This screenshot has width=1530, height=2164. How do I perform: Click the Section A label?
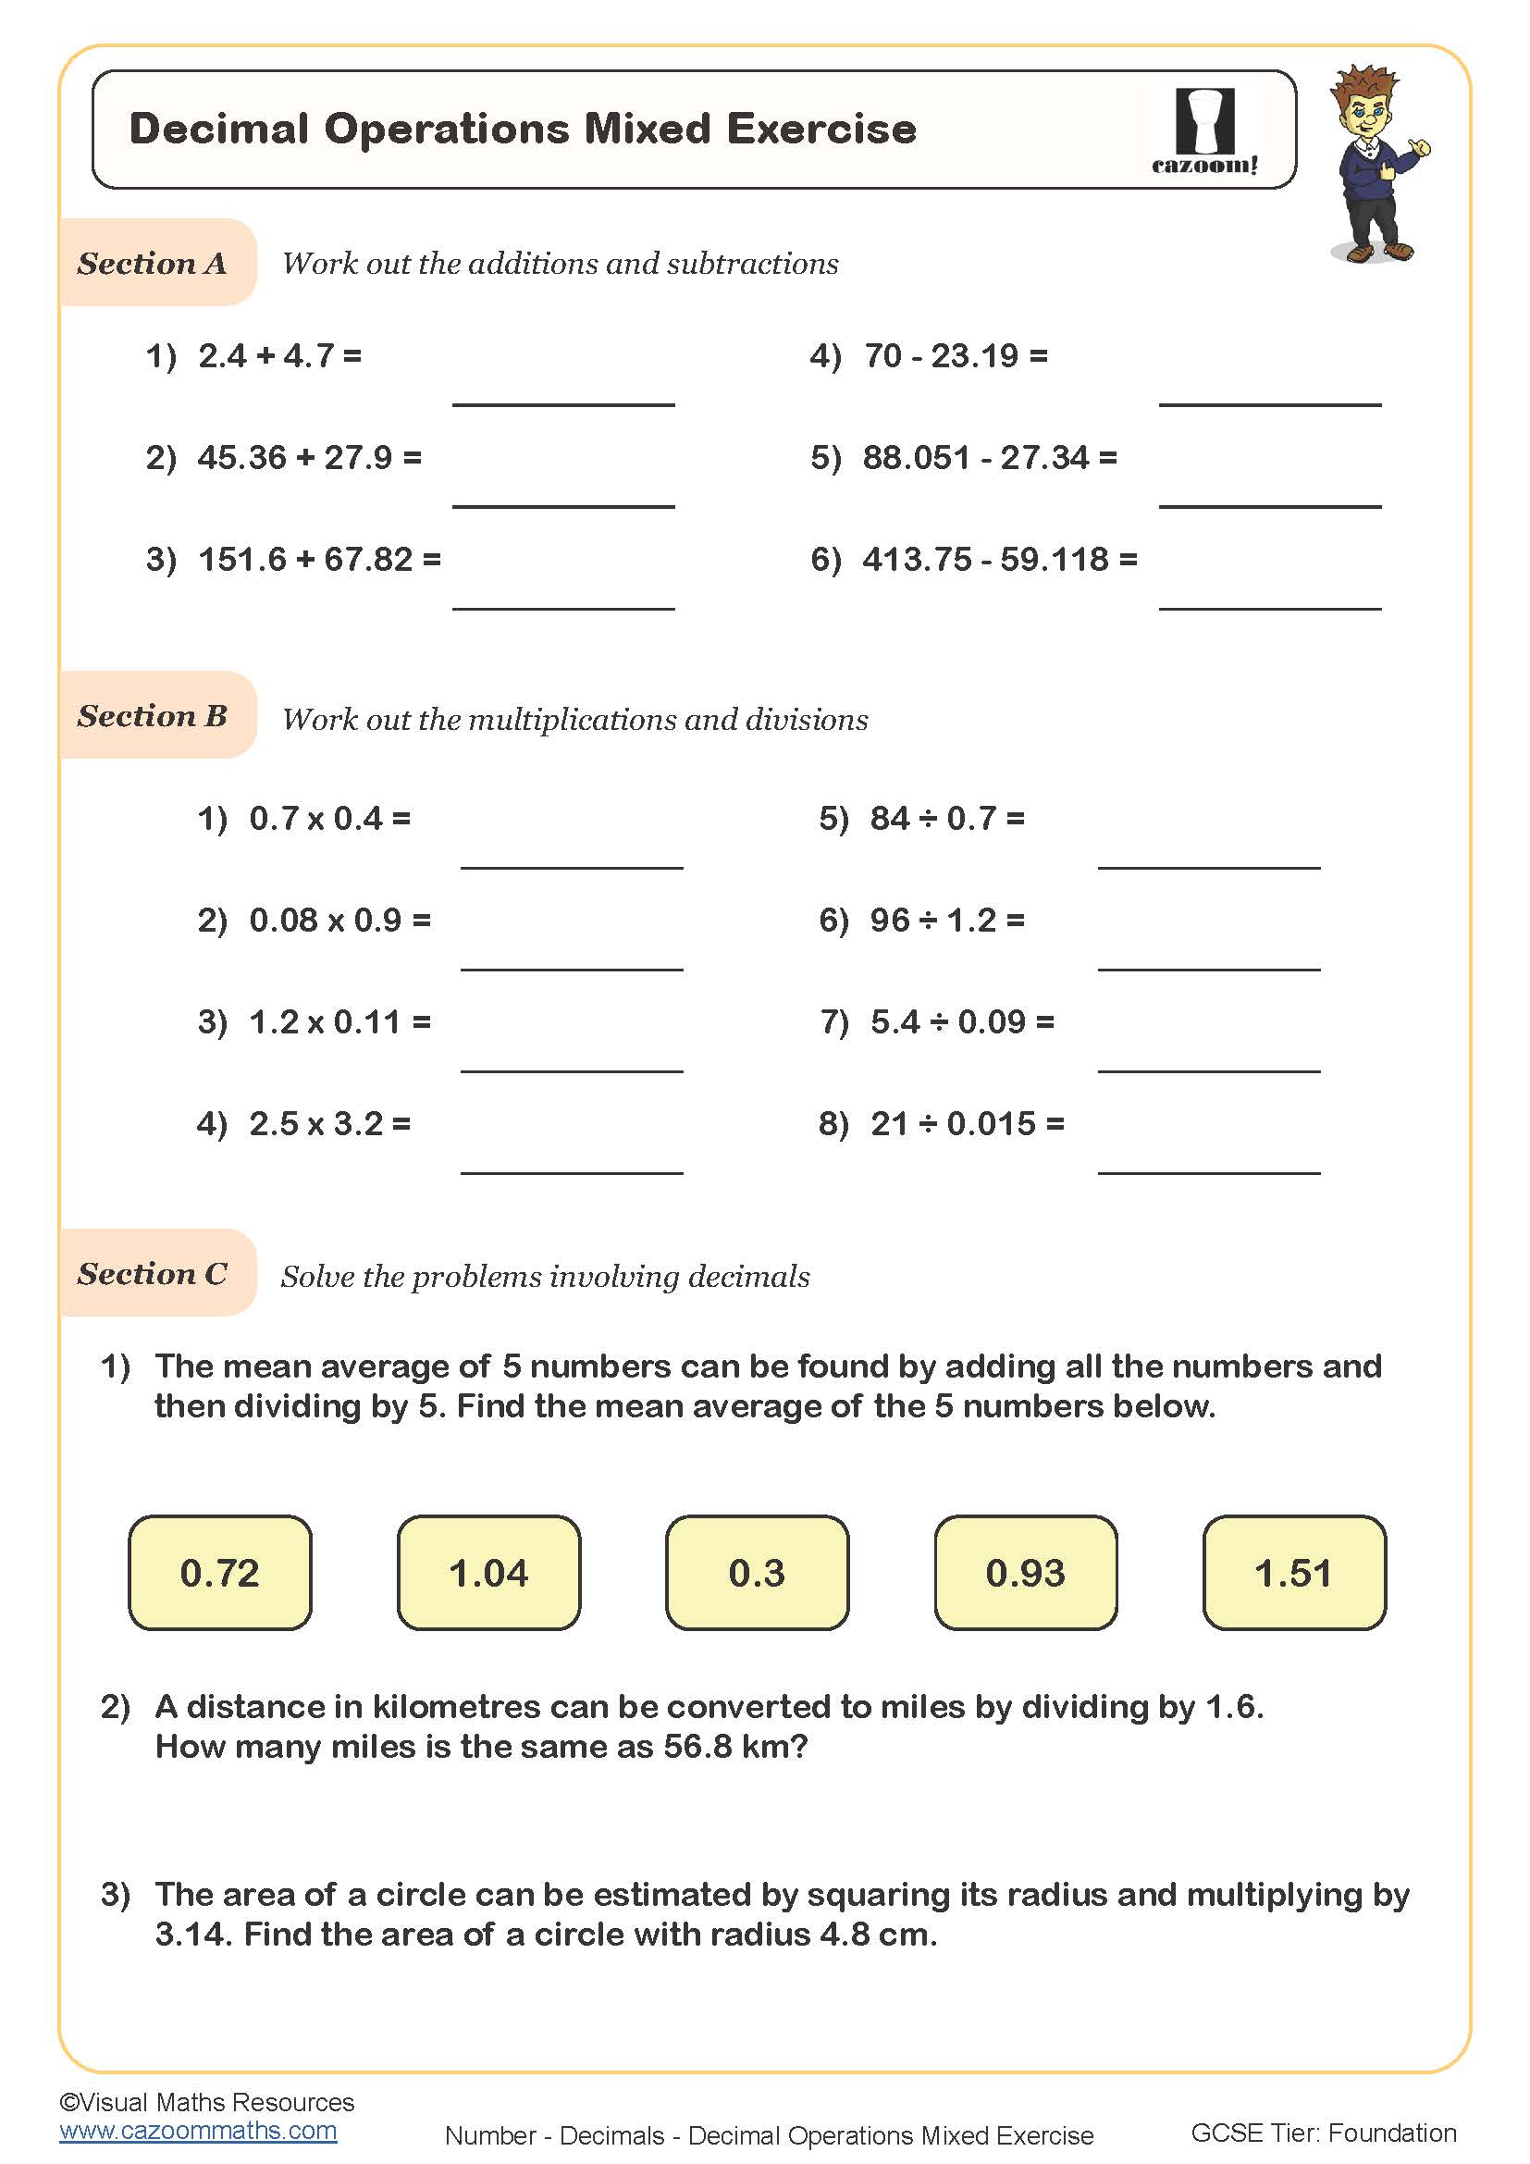153,263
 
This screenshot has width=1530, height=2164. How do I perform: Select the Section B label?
153,715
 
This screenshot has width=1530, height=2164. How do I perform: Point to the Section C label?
153,1273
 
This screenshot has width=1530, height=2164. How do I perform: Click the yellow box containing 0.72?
219,1573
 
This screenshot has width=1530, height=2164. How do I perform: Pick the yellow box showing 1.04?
488,1573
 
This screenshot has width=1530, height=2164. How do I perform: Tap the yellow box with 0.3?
757,1573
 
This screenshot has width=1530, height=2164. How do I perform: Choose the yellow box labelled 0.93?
1025,1573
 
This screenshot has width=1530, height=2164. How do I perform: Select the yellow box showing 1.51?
1293,1573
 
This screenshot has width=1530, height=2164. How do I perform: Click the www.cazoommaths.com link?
198,2131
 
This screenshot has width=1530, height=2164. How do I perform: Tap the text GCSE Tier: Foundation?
1323,2133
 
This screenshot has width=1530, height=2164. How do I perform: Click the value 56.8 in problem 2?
697,1747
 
